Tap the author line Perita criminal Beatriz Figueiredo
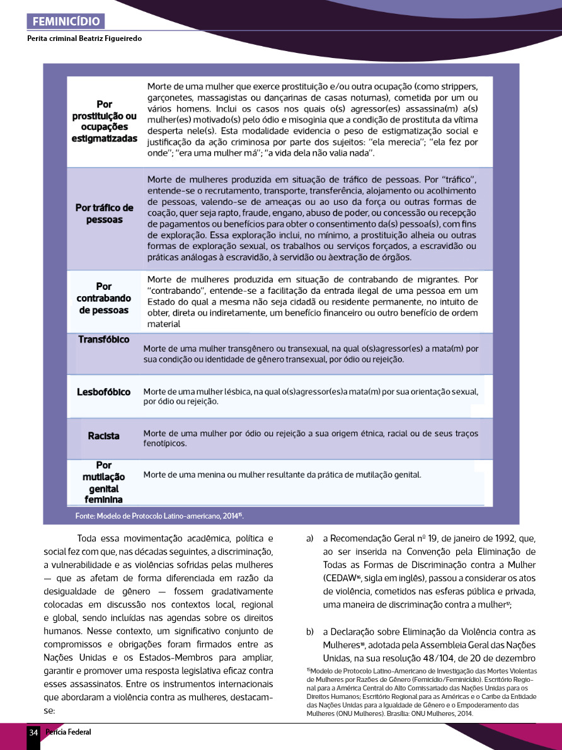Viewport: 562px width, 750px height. click(x=84, y=38)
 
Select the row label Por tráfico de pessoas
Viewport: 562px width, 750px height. click(x=105, y=214)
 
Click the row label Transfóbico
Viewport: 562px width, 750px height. click(x=104, y=340)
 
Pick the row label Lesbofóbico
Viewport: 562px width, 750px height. click(x=104, y=392)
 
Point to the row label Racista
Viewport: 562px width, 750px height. click(x=104, y=436)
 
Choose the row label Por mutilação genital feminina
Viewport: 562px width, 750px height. click(x=104, y=483)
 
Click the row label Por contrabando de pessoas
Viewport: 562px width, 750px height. click(x=104, y=298)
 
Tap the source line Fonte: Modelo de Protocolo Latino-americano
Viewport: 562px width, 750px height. click(x=159, y=516)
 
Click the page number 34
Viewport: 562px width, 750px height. click(x=33, y=732)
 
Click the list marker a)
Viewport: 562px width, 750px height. click(x=309, y=539)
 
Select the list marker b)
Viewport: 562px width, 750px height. click(x=310, y=632)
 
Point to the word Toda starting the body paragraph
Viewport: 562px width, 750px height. click(x=87, y=539)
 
